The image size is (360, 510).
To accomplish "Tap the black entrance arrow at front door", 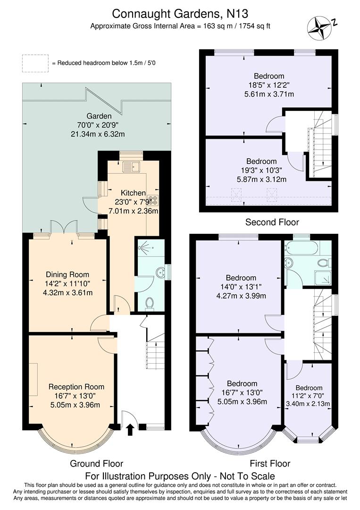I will [x=130, y=430].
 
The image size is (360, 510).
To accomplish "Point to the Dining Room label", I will [x=67, y=274].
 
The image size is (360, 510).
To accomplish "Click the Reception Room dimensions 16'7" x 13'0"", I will [x=75, y=395].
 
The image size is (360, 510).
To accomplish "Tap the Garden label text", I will [x=99, y=116].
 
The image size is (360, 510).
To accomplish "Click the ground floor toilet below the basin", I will [x=150, y=303].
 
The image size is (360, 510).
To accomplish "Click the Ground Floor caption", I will [x=96, y=463].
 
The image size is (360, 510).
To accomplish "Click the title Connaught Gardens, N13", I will [x=180, y=15].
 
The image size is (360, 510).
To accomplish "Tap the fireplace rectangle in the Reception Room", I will [x=33, y=379].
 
